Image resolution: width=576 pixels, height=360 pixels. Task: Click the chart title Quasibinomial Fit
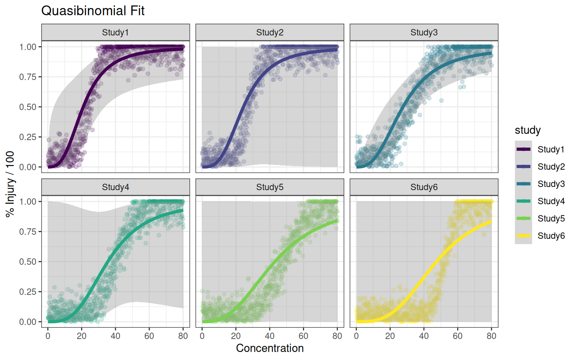pyautogui.click(x=93, y=11)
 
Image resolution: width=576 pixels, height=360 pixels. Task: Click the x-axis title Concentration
pyautogui.click(x=270, y=348)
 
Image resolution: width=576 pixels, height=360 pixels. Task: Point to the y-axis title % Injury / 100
pyautogui.click(x=10, y=184)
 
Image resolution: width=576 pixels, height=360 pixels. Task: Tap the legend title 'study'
pyautogui.click(x=528, y=130)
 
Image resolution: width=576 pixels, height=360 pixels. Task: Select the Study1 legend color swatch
pyautogui.click(x=523, y=149)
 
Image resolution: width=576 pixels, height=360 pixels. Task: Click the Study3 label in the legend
pyautogui.click(x=551, y=184)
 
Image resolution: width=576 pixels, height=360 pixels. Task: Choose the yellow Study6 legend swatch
pyautogui.click(x=523, y=235)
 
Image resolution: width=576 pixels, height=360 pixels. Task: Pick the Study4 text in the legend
pyautogui.click(x=551, y=201)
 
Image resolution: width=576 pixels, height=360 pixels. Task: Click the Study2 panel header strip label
pyautogui.click(x=270, y=33)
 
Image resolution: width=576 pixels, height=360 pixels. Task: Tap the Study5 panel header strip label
pyautogui.click(x=270, y=187)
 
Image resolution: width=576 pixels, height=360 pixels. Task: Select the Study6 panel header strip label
pyautogui.click(x=424, y=187)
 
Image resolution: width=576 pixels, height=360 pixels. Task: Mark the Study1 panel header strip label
pyautogui.click(x=115, y=33)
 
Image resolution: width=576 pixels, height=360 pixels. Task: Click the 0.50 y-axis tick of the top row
pyautogui.click(x=28, y=107)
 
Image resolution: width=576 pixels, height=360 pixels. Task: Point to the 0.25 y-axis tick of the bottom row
pyautogui.click(x=28, y=292)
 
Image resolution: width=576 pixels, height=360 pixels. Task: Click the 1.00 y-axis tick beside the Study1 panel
pyautogui.click(x=28, y=47)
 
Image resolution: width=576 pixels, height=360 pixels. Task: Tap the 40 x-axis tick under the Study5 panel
pyautogui.click(x=270, y=336)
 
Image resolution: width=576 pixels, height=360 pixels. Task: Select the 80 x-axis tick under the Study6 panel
pyautogui.click(x=491, y=336)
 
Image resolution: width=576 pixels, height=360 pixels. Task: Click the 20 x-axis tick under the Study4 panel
pyautogui.click(x=82, y=336)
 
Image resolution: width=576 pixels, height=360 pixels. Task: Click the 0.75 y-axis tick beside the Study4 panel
pyautogui.click(x=28, y=232)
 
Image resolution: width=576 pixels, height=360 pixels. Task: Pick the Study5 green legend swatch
pyautogui.click(x=523, y=218)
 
